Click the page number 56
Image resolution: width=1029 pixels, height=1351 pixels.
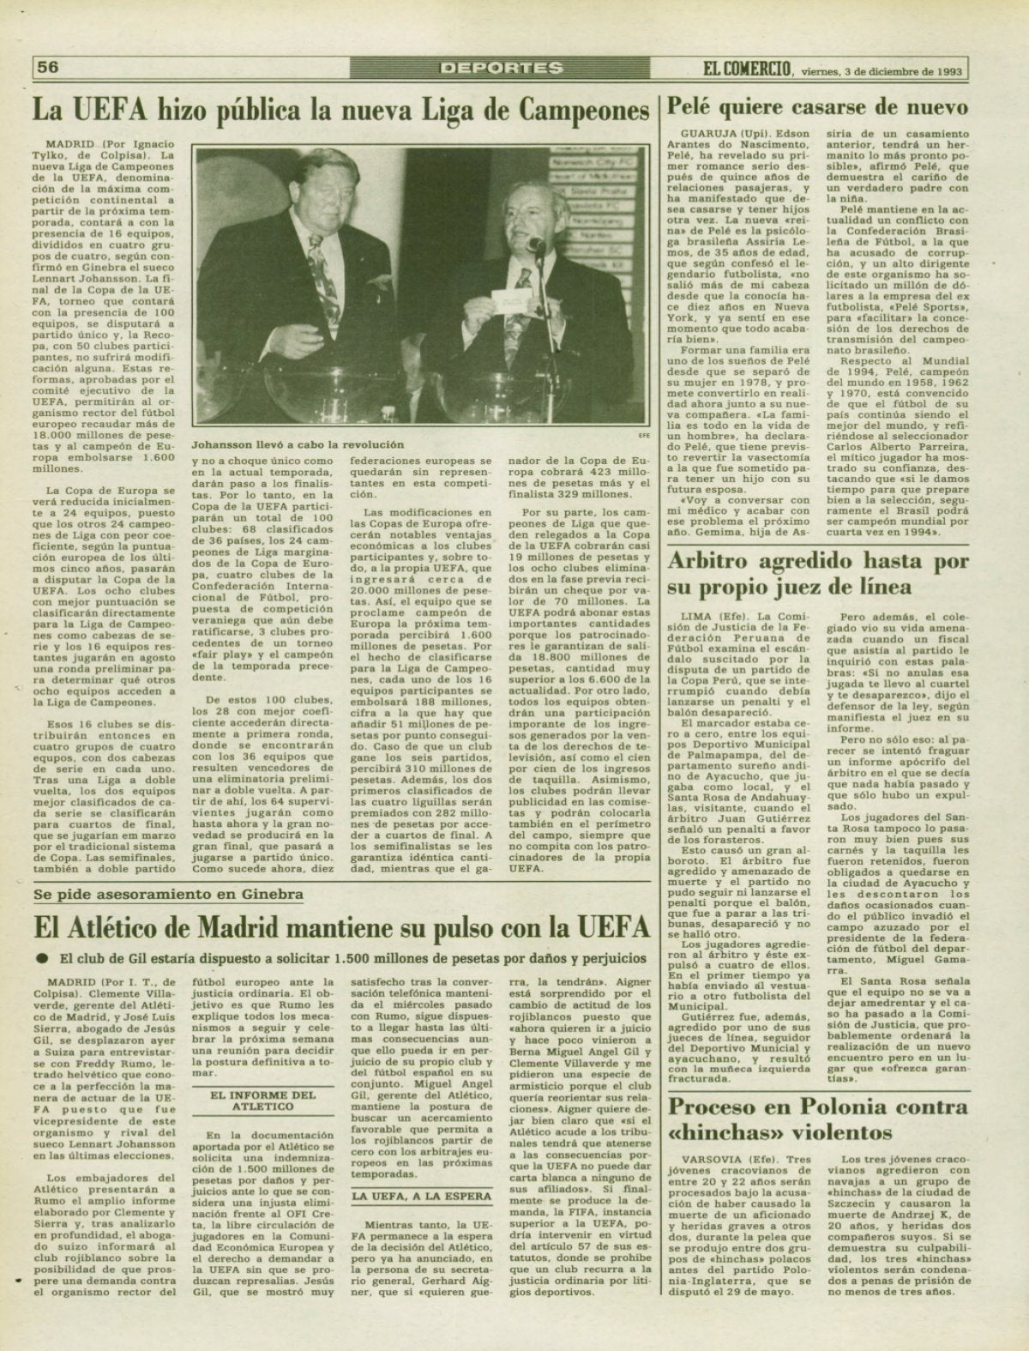[48, 67]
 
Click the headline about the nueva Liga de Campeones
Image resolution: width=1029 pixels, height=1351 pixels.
[341, 111]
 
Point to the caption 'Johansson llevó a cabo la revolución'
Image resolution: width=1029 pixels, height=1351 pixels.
[298, 445]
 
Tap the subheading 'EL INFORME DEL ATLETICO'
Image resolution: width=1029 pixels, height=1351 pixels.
[263, 1100]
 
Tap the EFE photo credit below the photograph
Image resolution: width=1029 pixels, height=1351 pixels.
[639, 435]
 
